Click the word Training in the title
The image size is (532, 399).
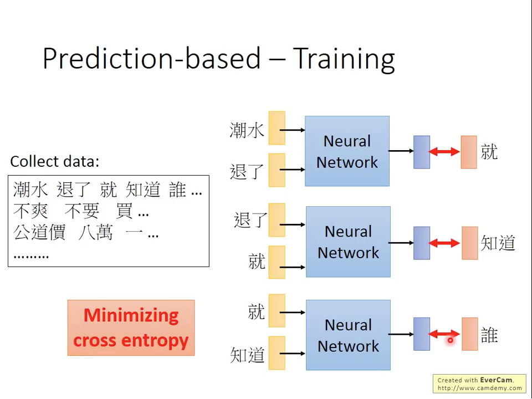(x=344, y=59)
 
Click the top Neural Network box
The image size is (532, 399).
(x=347, y=151)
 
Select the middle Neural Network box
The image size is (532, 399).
(x=348, y=242)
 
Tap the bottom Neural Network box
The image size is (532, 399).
(x=348, y=335)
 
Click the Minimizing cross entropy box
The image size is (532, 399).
(x=131, y=328)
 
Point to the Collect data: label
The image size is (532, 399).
(x=55, y=161)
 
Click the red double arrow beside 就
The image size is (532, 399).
(x=444, y=151)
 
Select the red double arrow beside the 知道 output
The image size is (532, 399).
(x=444, y=243)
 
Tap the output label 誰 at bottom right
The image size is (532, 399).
(x=489, y=335)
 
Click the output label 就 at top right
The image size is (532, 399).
(x=489, y=151)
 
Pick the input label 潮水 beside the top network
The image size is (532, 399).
(x=247, y=131)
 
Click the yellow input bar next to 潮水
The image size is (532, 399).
(x=277, y=128)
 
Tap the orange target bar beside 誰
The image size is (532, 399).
(x=469, y=334)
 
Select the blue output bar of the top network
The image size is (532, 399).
(x=422, y=152)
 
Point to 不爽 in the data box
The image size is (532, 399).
(x=30, y=211)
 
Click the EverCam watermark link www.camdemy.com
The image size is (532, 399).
(x=479, y=388)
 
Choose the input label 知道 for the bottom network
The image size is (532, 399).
(x=247, y=355)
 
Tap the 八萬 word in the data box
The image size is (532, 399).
(x=95, y=232)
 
